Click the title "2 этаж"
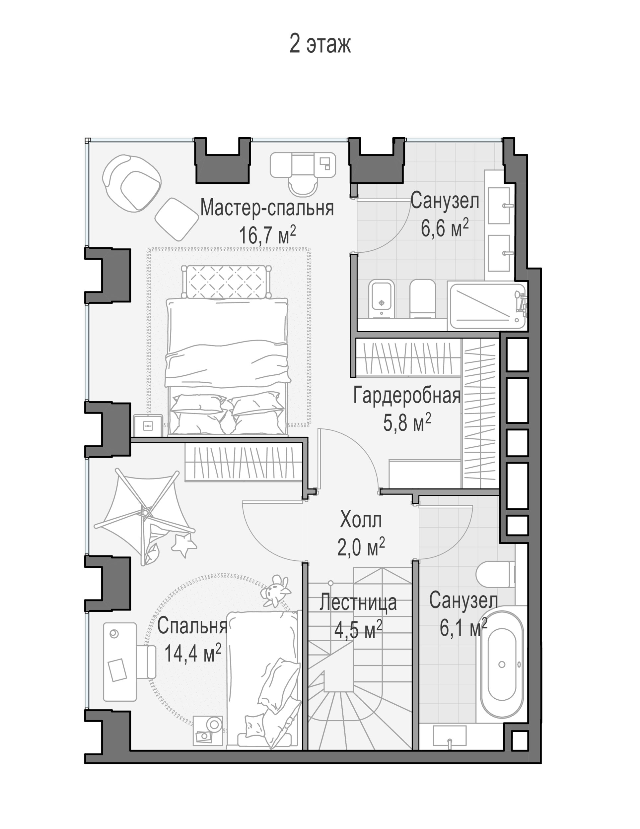[x=320, y=44]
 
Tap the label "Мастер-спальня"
[x=267, y=208]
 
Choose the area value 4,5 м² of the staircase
[x=358, y=630]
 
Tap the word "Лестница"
[x=358, y=603]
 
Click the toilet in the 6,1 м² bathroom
[x=495, y=574]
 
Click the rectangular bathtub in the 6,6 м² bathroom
[x=487, y=305]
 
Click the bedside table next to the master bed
[x=148, y=425]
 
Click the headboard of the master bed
[x=226, y=281]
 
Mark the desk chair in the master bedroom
[x=302, y=185]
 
